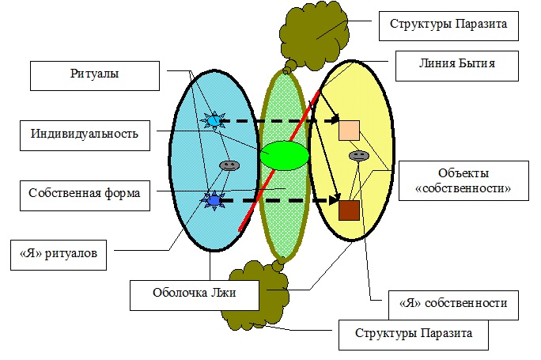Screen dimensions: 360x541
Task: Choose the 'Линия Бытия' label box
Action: (445, 63)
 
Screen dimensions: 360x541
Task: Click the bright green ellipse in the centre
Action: (283, 154)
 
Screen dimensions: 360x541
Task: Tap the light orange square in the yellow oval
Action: (350, 131)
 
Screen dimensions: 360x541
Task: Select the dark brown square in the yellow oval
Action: (350, 210)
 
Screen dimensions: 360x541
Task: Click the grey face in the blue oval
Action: (229, 165)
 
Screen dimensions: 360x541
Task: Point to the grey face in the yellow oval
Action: (358, 156)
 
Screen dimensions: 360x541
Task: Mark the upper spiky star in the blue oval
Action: (212, 120)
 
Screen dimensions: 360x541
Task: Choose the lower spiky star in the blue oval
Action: (212, 201)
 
